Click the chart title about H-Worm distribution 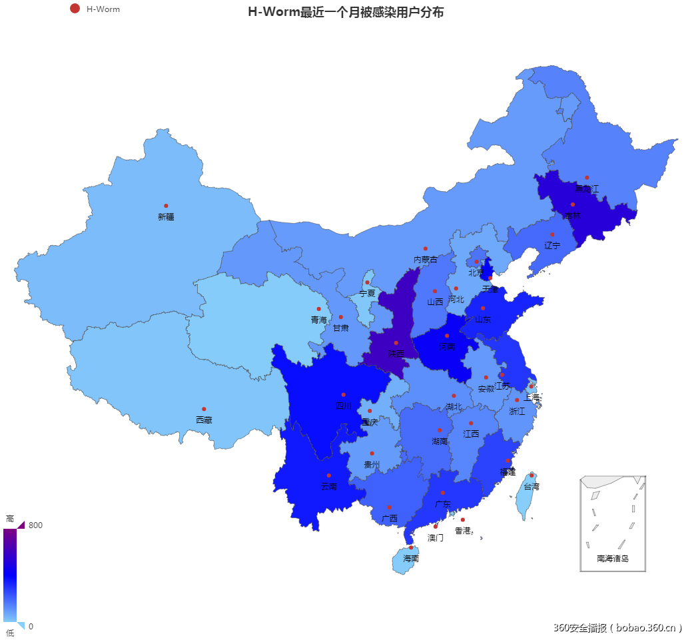click(346, 12)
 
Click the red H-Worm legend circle click(75, 9)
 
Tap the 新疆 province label click(166, 216)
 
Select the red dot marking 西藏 click(204, 409)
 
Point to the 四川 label click(343, 406)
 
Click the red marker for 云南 click(328, 476)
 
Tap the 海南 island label click(411, 558)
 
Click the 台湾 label click(531, 486)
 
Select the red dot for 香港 click(463, 519)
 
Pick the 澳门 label click(436, 537)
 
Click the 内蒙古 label click(426, 259)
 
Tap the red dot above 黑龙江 click(587, 178)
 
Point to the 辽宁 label click(552, 245)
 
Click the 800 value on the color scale click(35, 525)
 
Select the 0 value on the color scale click(31, 626)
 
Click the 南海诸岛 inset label click(613, 559)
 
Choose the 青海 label click(319, 320)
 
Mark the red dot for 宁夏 click(367, 282)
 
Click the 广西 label click(390, 518)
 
